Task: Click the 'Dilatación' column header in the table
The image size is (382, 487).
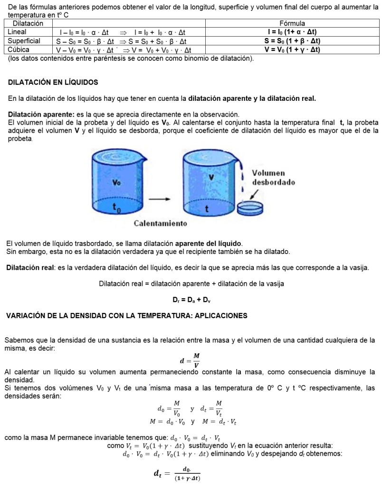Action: coord(28,23)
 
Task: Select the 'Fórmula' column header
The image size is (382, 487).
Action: coord(293,23)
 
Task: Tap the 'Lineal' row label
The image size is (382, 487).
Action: coord(18,32)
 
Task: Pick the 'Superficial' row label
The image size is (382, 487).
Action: coord(24,41)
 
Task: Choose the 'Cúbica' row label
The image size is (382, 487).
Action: coord(19,49)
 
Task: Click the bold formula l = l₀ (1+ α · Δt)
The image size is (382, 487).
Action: coord(293,32)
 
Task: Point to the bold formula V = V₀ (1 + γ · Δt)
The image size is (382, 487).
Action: coord(293,49)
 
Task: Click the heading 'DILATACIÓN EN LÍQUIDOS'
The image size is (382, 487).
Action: coord(53,82)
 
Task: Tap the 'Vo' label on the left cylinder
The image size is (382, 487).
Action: coord(116,182)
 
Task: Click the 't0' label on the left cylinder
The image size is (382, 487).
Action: coord(116,207)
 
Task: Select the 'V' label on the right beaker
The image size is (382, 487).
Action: coord(210,176)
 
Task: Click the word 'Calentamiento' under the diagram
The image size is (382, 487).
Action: coord(160,223)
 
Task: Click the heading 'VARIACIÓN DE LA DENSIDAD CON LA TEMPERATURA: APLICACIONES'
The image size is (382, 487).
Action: coord(126,316)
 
